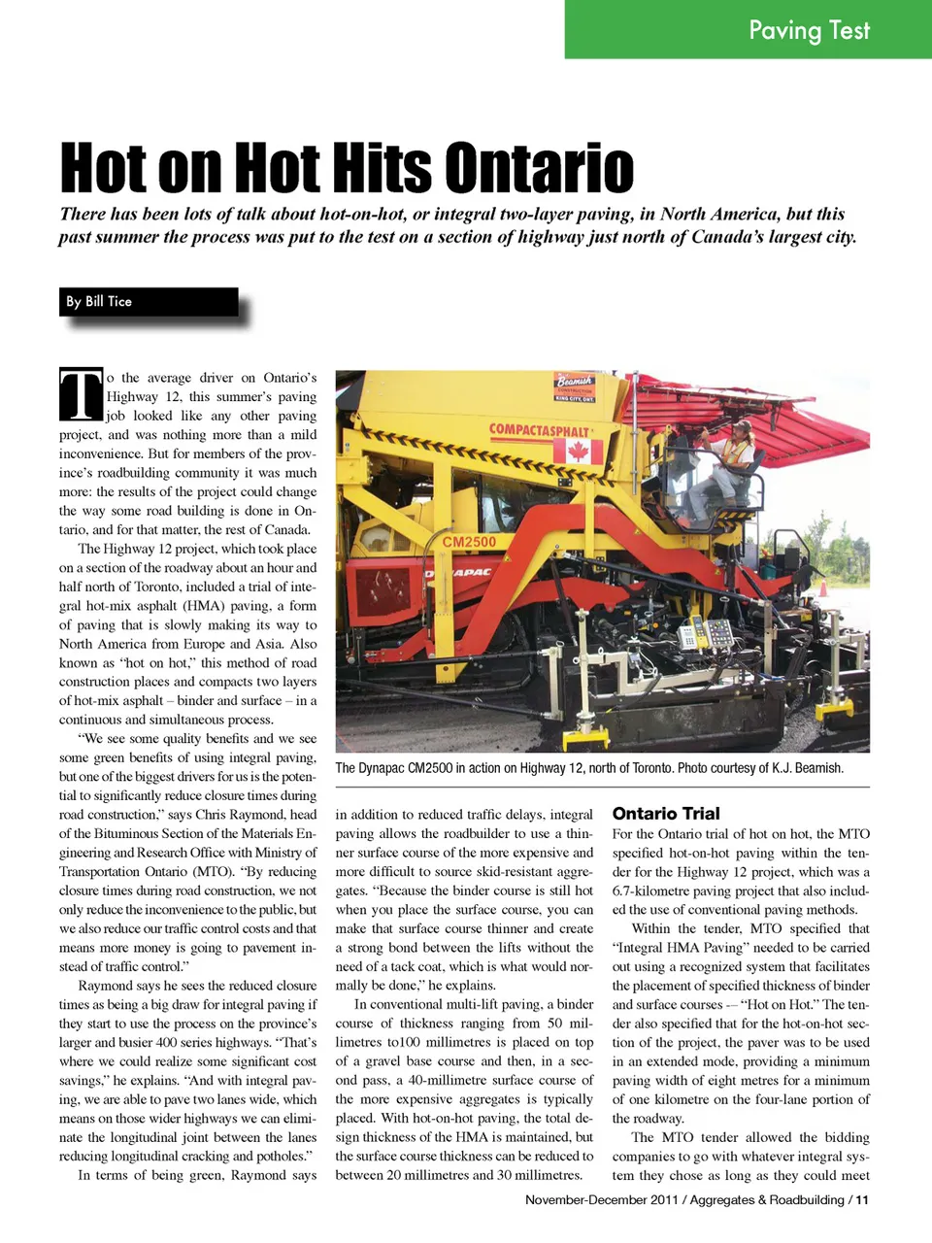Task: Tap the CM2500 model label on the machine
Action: click(469, 542)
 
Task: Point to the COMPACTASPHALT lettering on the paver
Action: click(539, 430)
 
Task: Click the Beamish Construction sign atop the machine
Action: click(575, 386)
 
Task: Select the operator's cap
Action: click(742, 425)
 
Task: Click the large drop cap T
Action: click(81, 394)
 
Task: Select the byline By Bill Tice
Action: click(99, 301)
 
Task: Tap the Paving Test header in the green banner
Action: click(809, 30)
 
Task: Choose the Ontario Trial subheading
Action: click(666, 814)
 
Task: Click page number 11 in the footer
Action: click(862, 1200)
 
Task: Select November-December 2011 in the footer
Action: click(602, 1200)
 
